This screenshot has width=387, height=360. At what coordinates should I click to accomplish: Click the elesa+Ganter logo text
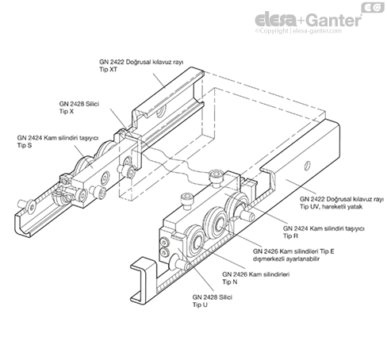coord(308,20)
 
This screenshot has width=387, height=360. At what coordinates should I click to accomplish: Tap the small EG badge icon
coord(373,7)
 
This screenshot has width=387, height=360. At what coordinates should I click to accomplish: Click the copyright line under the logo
coord(298,31)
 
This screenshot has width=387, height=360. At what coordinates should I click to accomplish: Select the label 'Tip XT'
coord(108,70)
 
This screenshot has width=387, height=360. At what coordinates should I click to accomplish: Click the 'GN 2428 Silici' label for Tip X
coord(79,104)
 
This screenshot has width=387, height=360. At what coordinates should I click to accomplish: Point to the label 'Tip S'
coord(25,145)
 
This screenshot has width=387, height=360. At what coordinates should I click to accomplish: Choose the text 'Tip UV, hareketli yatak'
coord(331,207)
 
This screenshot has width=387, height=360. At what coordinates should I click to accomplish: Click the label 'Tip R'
coord(290,236)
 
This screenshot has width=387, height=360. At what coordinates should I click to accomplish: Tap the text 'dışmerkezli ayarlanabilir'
coord(286,259)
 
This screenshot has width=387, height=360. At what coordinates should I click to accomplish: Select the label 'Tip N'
coord(230,281)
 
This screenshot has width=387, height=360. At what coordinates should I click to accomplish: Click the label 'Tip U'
coord(200,304)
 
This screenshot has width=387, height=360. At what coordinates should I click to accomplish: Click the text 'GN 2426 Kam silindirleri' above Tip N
coord(256,274)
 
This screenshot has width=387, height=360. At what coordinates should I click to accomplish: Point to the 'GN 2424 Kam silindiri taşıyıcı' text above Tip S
coord(58,138)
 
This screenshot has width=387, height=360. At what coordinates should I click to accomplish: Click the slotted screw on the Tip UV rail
coord(307,165)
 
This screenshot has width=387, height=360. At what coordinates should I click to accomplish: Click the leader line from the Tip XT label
coord(159,81)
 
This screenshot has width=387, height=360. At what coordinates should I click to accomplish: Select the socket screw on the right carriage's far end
coord(216,176)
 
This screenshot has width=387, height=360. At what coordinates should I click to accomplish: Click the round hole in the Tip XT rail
coord(160,113)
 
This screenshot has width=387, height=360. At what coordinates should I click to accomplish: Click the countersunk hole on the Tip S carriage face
coord(106,177)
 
